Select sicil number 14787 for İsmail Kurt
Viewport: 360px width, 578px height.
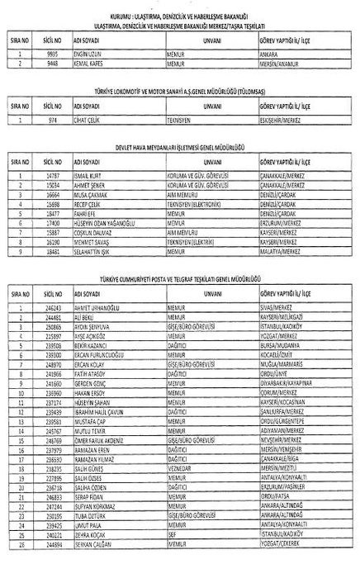[52, 176]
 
